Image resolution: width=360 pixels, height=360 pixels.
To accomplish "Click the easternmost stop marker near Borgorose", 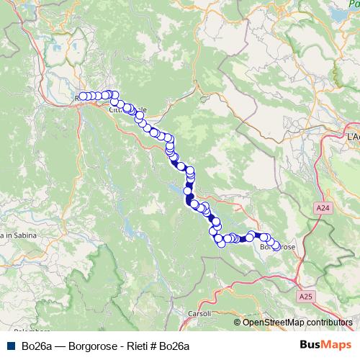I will [x=275, y=246].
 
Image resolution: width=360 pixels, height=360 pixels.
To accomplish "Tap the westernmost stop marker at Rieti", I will [x=83, y=96].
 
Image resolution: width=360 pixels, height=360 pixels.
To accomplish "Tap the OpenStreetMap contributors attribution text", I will [x=297, y=322].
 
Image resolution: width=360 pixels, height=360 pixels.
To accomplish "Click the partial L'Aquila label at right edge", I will [x=352, y=135].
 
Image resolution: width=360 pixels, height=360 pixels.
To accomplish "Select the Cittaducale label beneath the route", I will [x=127, y=109].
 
